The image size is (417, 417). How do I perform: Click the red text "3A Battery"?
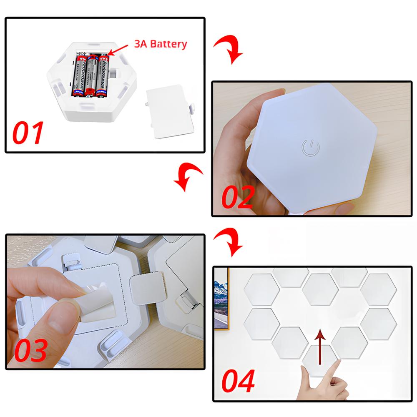click(x=160, y=44)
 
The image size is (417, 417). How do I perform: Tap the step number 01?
click(x=28, y=133)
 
